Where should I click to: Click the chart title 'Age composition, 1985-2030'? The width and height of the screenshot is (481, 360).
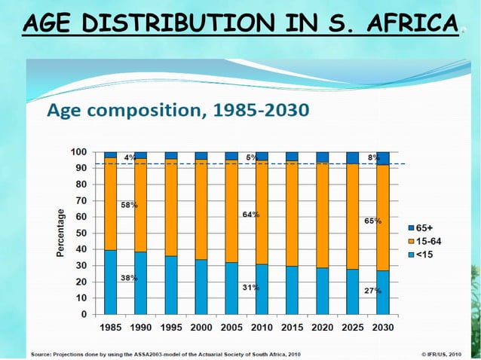(178, 111)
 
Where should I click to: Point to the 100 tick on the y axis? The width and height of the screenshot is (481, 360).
(78, 151)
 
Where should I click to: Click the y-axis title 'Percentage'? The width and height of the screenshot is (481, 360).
(60, 233)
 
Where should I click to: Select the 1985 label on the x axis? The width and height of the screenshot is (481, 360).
(112, 328)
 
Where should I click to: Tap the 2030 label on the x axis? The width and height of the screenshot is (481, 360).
(382, 328)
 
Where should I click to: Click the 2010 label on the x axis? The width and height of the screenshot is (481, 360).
(262, 328)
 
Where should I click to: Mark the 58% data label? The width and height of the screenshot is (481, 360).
(129, 205)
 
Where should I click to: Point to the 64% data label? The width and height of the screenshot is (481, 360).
(251, 215)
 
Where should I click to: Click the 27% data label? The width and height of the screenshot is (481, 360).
(372, 291)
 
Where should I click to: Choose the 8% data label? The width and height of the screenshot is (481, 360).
(372, 157)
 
